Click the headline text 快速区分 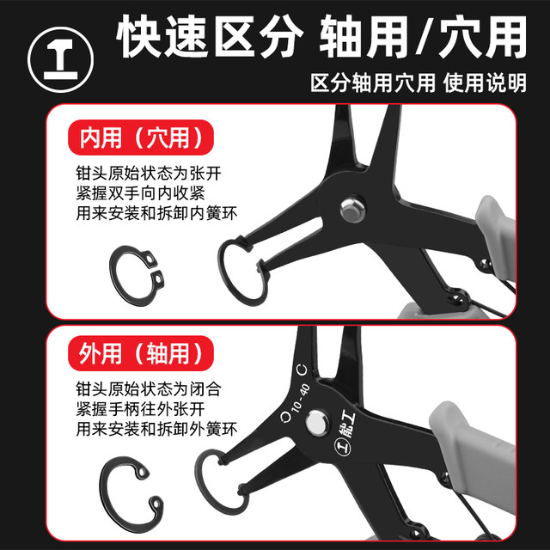pyautogui.click(x=210, y=39)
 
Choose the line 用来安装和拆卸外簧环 pyautogui.click(x=150, y=429)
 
